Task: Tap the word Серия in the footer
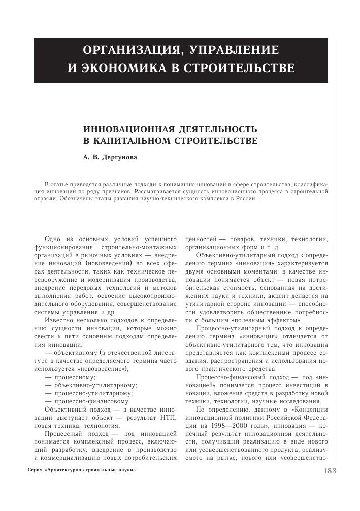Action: [35, 471]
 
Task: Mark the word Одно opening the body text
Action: [53, 239]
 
